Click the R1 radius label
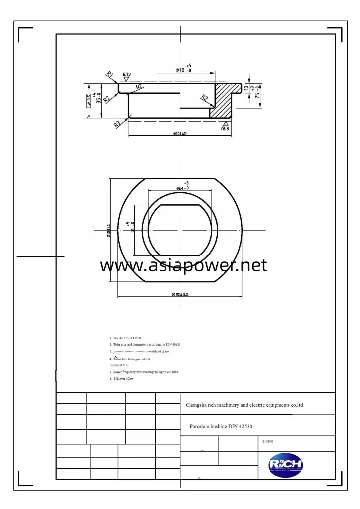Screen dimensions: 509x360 pos(110,74)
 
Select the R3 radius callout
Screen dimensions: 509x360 pos(117,124)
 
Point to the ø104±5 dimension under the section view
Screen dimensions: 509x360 pos(180,133)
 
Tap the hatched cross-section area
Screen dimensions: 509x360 pos(225,99)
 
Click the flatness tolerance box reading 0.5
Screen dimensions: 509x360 pos(89,100)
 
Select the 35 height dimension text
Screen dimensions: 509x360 pos(99,98)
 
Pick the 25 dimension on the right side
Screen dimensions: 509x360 pos(257,95)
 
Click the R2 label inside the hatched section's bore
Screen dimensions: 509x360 pos(204,98)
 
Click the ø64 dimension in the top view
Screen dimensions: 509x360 pos(182,188)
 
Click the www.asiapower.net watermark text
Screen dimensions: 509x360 pos(183,265)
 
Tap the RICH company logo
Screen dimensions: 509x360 pos(285,466)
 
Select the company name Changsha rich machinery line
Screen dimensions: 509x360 pos(244,405)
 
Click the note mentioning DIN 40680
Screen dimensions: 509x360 pos(145,344)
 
